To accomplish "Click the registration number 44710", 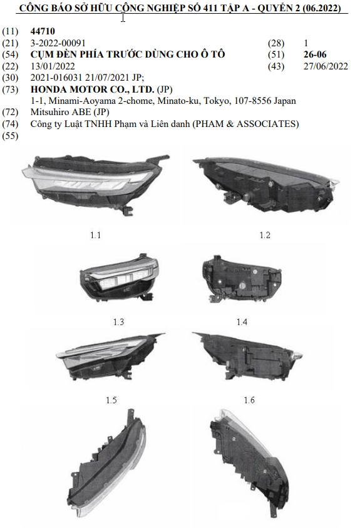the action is click(43, 31).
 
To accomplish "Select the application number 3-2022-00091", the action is click(58, 43).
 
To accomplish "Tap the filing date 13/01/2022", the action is click(53, 66).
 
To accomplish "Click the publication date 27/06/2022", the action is click(326, 66).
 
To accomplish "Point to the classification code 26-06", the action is click(315, 54).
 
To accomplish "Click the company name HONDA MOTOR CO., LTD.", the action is click(93, 89).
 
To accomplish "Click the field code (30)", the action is click(10, 78).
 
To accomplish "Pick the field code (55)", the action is click(10, 136).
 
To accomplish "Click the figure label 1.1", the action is click(95, 235).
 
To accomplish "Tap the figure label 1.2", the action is click(265, 235).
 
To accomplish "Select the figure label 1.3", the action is click(119, 322).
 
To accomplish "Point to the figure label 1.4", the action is click(242, 322).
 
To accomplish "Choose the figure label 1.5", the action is click(111, 400).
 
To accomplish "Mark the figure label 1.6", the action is click(249, 400).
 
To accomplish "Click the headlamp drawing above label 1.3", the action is click(119, 277).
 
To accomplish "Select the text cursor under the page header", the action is click(123, 17).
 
